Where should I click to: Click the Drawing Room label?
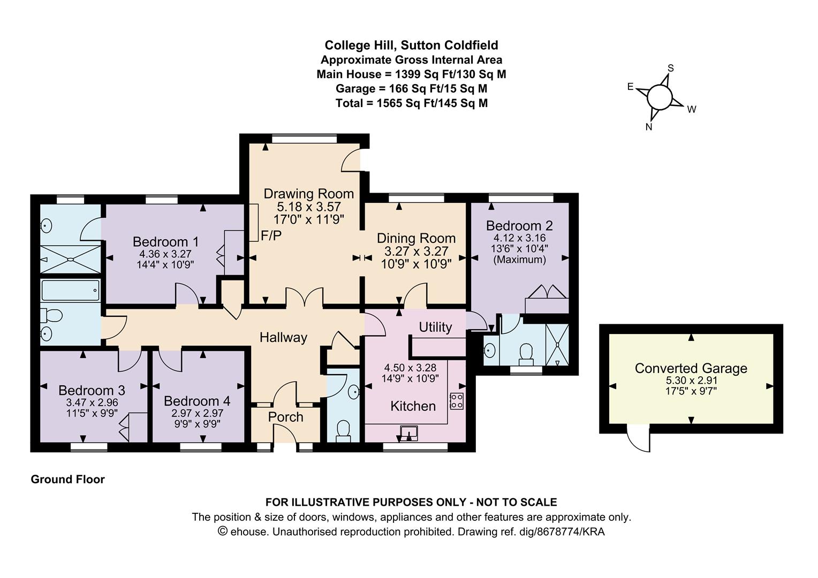(308, 194)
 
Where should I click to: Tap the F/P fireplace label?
(271, 235)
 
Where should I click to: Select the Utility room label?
(435, 327)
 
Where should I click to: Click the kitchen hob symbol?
(457, 401)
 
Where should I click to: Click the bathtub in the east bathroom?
(63, 290)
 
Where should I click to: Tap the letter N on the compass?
(649, 127)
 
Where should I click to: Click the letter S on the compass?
(670, 69)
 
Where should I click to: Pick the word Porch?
(285, 417)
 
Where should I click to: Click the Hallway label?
(283, 337)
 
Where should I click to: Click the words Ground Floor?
(67, 480)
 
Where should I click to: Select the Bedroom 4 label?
(197, 401)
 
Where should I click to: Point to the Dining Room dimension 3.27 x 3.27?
(416, 251)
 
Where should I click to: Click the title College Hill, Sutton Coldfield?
(411, 45)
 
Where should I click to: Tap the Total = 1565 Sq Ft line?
(411, 103)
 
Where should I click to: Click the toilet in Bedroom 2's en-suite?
(526, 353)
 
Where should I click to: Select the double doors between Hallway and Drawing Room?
(305, 298)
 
